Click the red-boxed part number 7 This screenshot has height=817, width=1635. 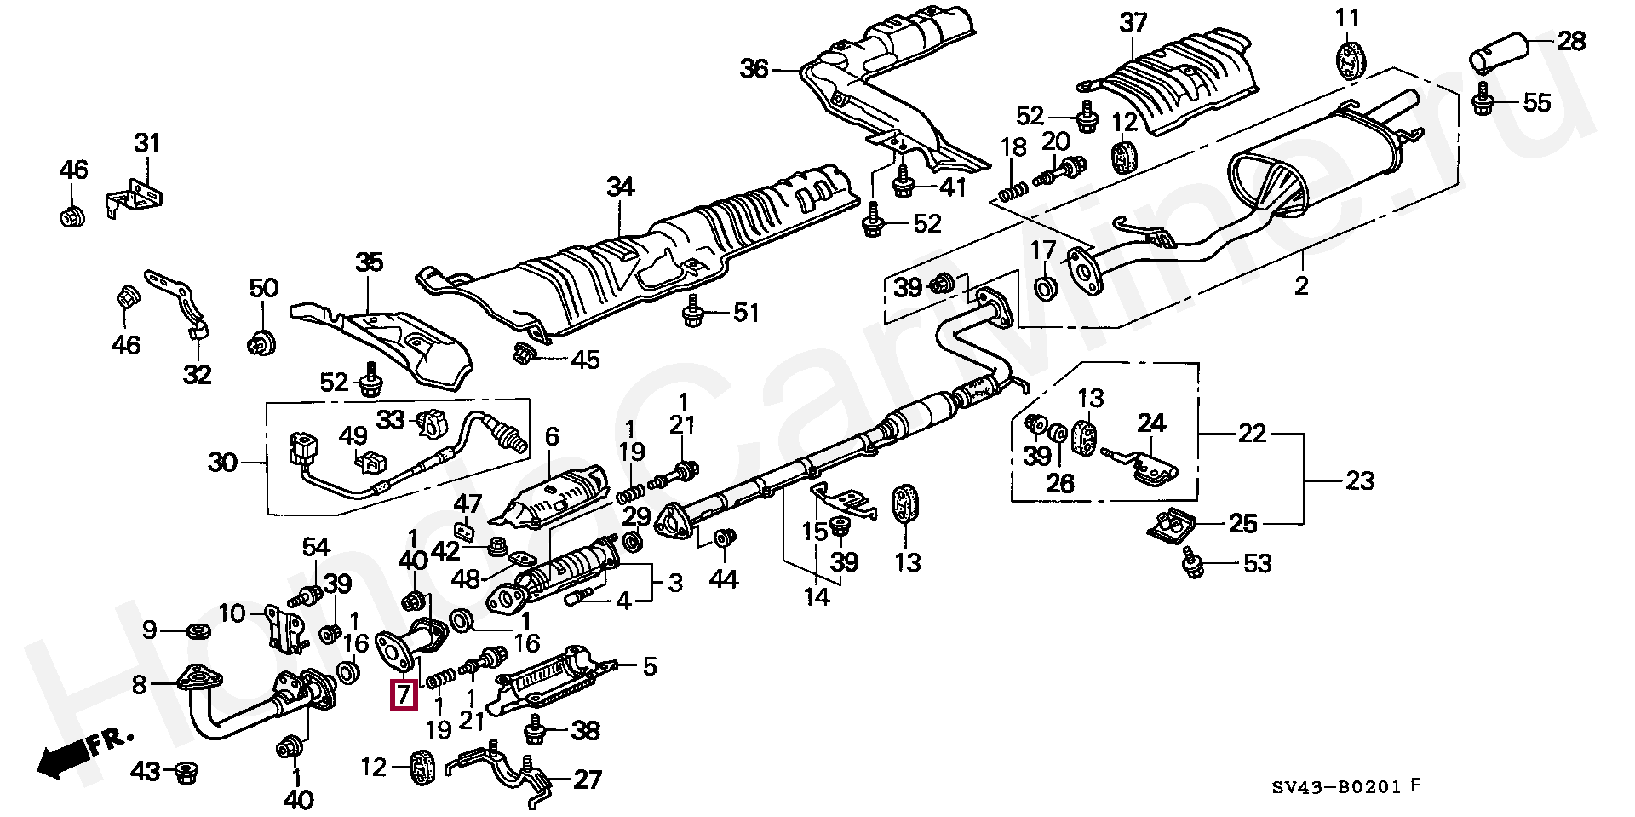point(403,696)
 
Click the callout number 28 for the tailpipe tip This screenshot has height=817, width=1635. point(1572,40)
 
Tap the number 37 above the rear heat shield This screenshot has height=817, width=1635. point(1133,22)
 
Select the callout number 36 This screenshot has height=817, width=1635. point(754,69)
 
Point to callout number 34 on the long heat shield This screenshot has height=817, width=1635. point(620,187)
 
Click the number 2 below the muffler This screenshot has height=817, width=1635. point(1300,285)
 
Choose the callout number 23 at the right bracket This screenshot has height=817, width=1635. point(1359,481)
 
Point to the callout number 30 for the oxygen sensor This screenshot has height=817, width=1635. point(223,463)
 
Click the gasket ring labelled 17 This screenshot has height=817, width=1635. point(1046,288)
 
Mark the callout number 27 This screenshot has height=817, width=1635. point(588,779)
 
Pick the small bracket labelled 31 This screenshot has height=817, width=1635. point(135,195)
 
